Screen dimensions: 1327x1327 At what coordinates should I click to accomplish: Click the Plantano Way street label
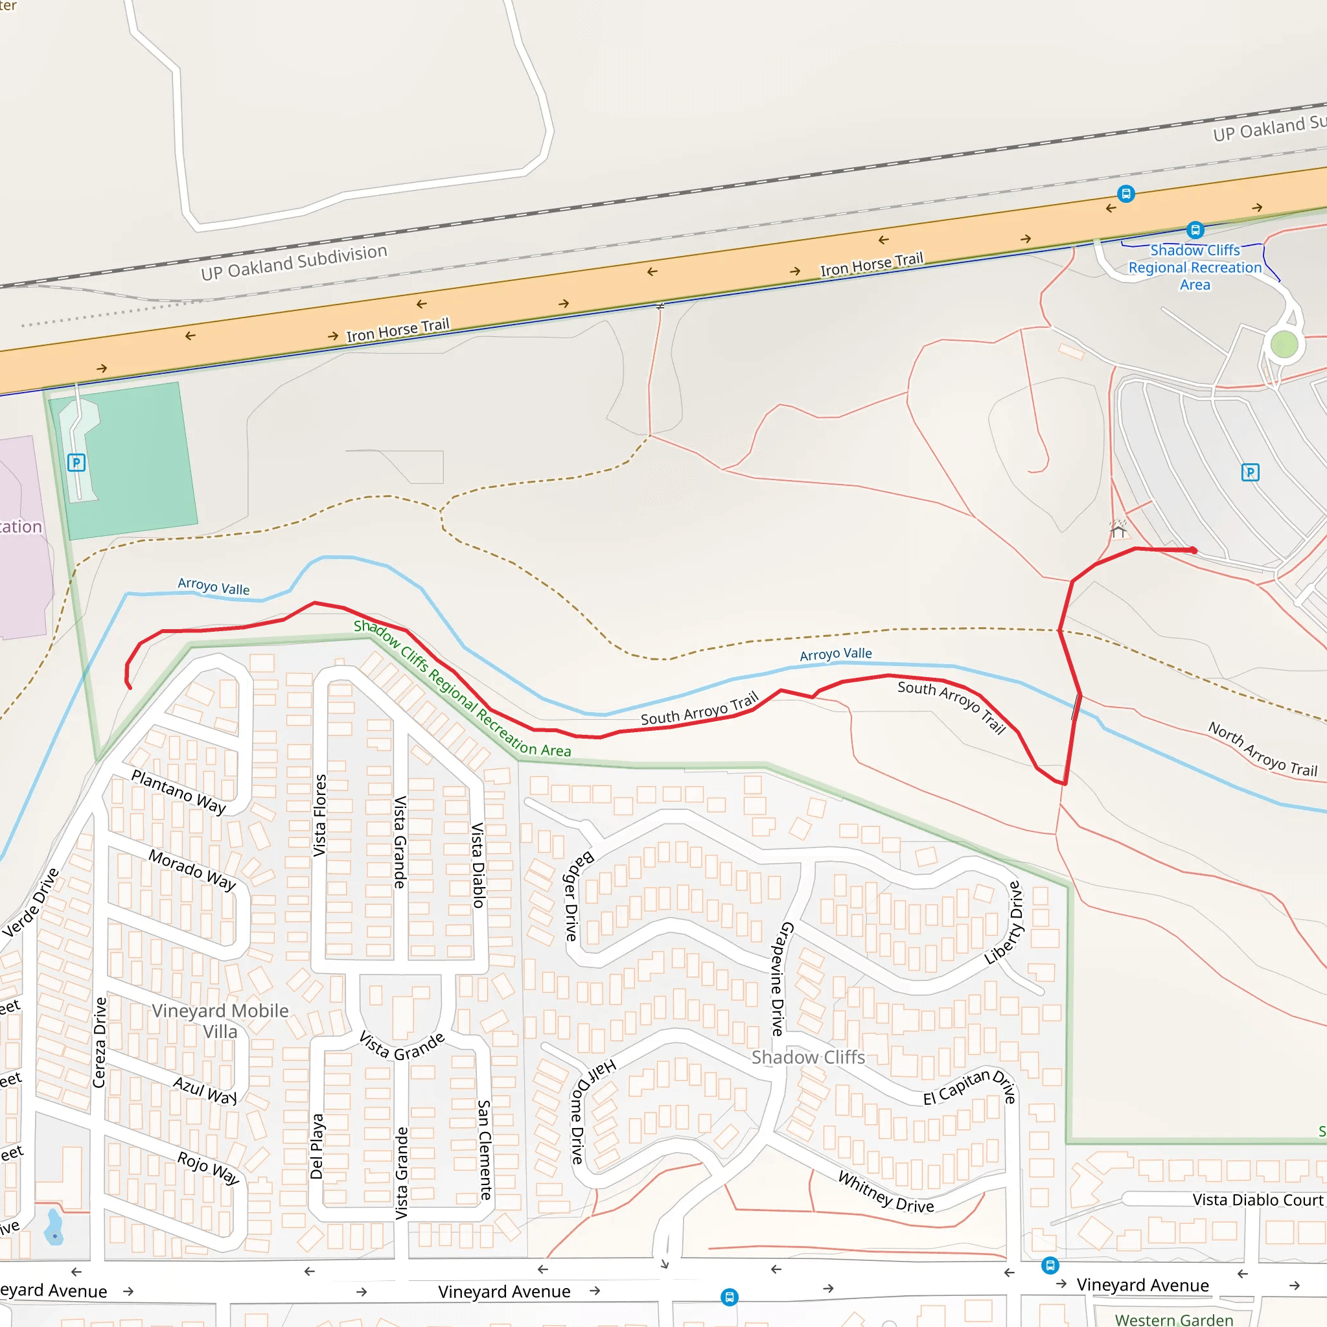pyautogui.click(x=178, y=792)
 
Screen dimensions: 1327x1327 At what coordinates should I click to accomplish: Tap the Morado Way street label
pyautogui.click(x=192, y=870)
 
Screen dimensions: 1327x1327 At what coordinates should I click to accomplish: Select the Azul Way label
pyautogui.click(x=205, y=1090)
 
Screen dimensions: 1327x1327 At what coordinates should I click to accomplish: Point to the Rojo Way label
pyautogui.click(x=208, y=1167)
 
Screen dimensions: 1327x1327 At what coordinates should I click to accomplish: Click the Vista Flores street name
pyautogui.click(x=320, y=815)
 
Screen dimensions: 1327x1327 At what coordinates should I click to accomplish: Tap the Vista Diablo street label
pyautogui.click(x=478, y=865)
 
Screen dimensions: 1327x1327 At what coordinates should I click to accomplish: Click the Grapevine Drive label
pyautogui.click(x=782, y=979)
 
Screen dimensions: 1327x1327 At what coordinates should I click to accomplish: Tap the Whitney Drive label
pyautogui.click(x=885, y=1192)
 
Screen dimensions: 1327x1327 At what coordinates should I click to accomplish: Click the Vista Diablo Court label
pyautogui.click(x=1257, y=1200)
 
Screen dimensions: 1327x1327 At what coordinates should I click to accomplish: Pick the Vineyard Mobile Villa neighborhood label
pyautogui.click(x=220, y=1021)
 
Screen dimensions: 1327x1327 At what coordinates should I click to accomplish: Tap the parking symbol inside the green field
pyautogui.click(x=76, y=462)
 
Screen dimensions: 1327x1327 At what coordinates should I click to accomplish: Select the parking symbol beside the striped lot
pyautogui.click(x=1250, y=472)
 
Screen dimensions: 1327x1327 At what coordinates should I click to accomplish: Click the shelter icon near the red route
pyautogui.click(x=1119, y=529)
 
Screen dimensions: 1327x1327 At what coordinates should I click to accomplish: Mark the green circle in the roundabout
pyautogui.click(x=1284, y=344)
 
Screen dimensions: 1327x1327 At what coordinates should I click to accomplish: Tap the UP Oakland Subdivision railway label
pyautogui.click(x=294, y=262)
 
